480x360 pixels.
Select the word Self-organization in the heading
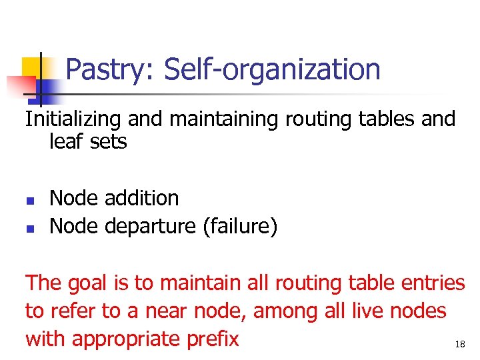pyautogui.click(x=272, y=69)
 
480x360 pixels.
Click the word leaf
pyautogui.click(x=65, y=141)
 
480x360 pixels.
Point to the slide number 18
pyautogui.click(x=459, y=344)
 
